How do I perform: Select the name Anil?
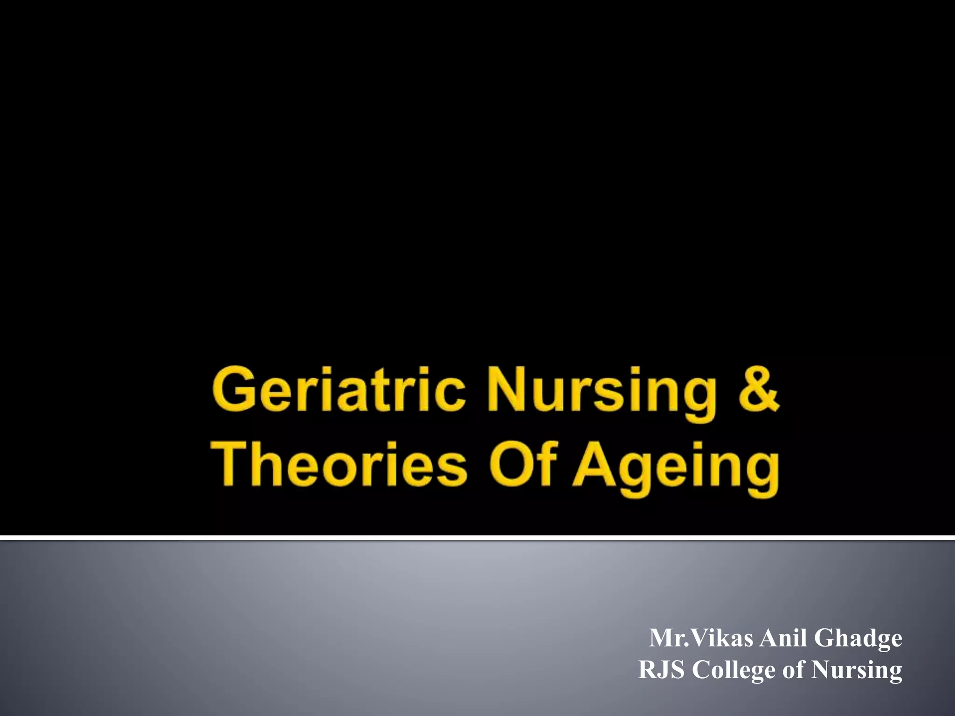[x=783, y=638]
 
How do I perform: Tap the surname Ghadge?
[x=858, y=639]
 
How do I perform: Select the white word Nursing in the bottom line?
[x=857, y=671]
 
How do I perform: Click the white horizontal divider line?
[x=477, y=538]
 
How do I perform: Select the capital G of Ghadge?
[x=825, y=638]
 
